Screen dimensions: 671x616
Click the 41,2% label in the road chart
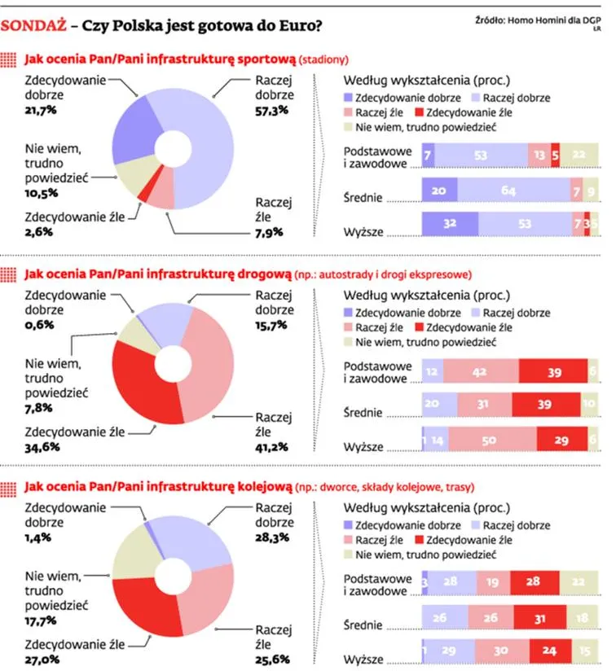(x=273, y=449)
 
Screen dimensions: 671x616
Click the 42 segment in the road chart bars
(x=481, y=371)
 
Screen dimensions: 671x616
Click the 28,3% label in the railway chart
(x=273, y=537)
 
